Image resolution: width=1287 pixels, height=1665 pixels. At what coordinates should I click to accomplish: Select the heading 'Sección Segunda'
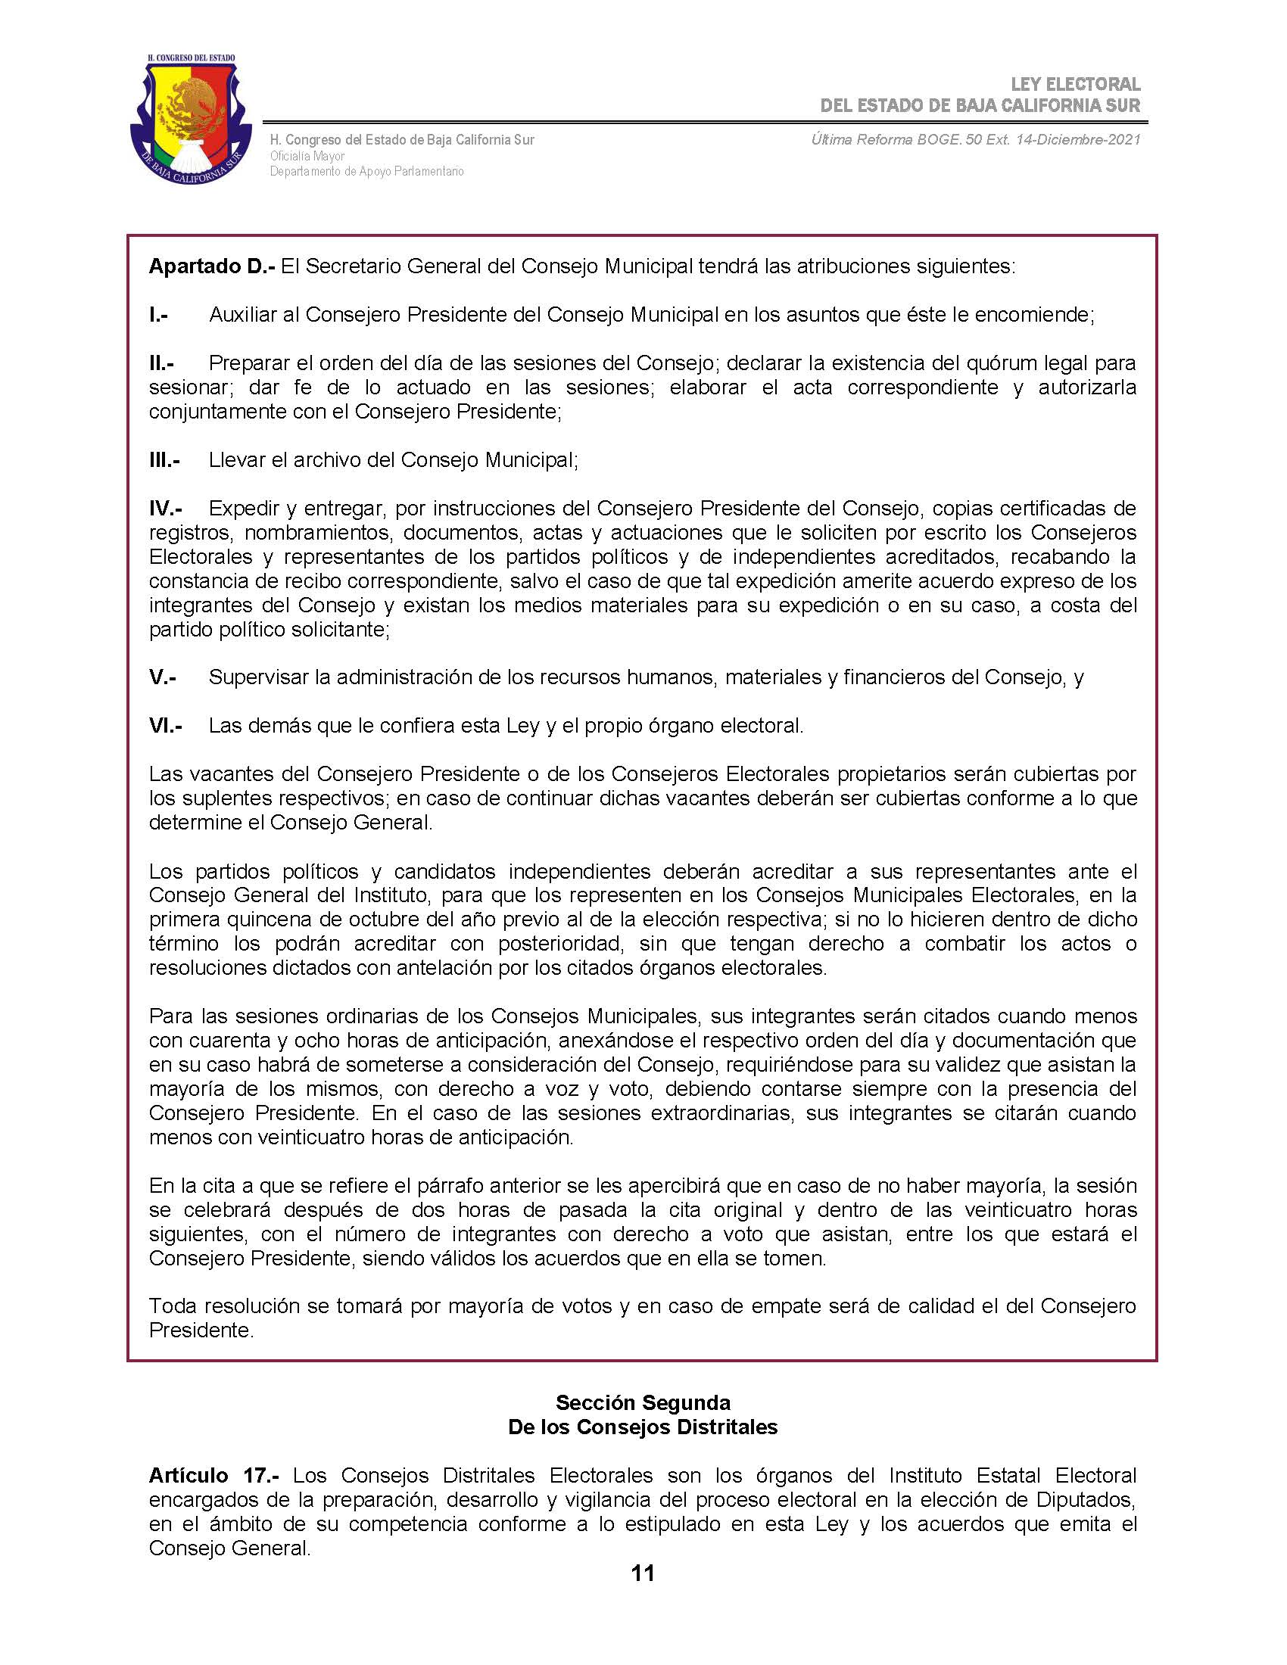click(x=643, y=1402)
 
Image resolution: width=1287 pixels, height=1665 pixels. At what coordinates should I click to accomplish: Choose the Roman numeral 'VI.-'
click(x=166, y=725)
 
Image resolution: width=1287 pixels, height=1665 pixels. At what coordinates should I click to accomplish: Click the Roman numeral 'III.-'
click(x=164, y=459)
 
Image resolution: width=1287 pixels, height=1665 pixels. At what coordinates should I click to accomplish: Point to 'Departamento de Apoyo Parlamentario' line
click(x=366, y=172)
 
